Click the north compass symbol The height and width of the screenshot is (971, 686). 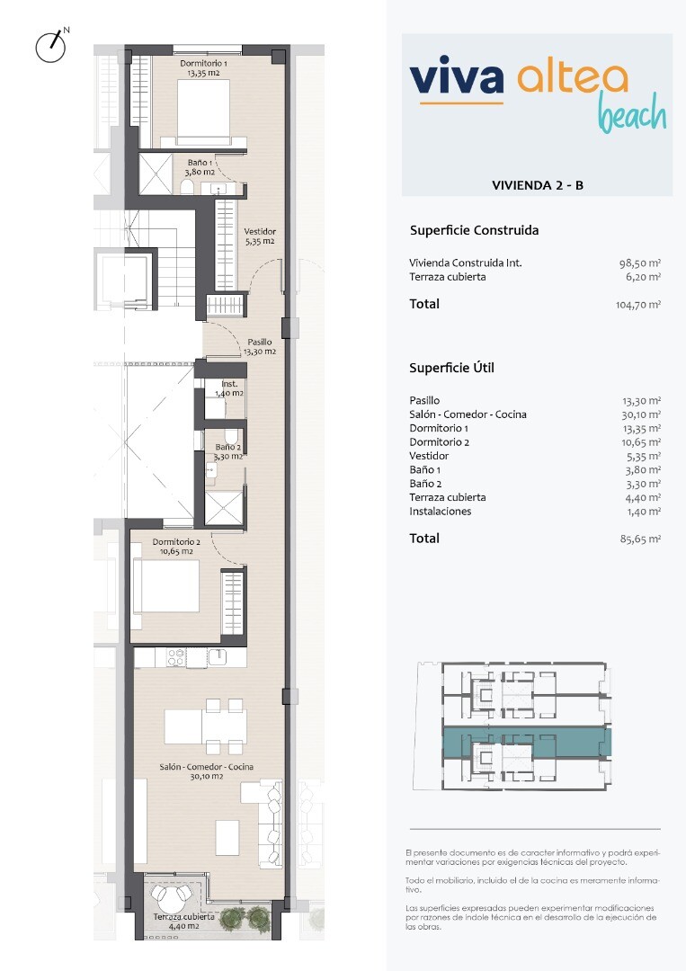click(x=50, y=45)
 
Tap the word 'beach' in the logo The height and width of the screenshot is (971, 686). click(x=631, y=112)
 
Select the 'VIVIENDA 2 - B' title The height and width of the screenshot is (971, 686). click(x=538, y=185)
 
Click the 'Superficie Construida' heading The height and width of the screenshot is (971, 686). click(x=474, y=230)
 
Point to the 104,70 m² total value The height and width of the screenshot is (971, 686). click(x=638, y=304)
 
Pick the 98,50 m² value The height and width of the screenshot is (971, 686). click(x=640, y=263)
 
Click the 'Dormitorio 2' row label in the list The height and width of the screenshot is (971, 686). click(x=439, y=442)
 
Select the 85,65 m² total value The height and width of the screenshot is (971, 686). click(x=640, y=539)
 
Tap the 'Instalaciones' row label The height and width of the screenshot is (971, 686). click(x=441, y=512)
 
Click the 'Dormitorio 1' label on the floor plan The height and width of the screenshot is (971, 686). click(x=204, y=63)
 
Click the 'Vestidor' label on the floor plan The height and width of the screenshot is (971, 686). click(x=260, y=232)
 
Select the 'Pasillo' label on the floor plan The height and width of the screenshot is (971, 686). click(x=260, y=342)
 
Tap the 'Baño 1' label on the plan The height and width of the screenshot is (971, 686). click(x=200, y=163)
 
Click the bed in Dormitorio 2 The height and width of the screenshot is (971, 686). click(x=165, y=586)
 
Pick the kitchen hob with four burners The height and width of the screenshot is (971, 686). click(x=176, y=657)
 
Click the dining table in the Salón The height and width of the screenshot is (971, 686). click(x=206, y=726)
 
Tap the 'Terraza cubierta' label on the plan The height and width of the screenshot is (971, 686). click(x=184, y=916)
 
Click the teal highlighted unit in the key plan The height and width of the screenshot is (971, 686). click(x=527, y=741)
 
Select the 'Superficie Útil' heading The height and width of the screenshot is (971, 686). click(x=451, y=368)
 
